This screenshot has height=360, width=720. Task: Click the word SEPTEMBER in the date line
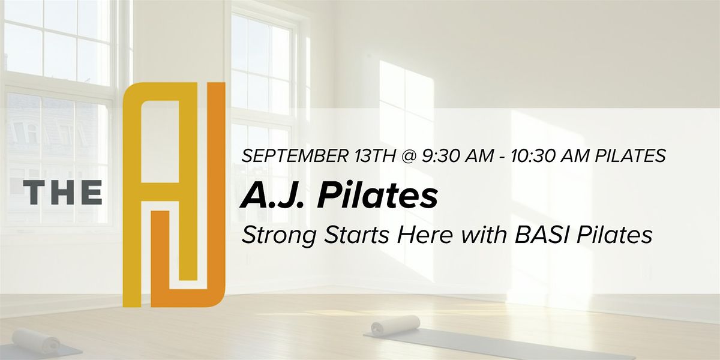tap(294, 156)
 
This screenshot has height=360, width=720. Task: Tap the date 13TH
tap(375, 156)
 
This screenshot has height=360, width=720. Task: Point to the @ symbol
tap(408, 157)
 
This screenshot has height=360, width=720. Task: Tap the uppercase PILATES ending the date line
tap(631, 156)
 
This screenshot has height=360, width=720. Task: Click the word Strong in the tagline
tap(279, 235)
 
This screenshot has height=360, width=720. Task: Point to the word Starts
tap(357, 235)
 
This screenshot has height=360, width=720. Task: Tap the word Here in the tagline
tap(425, 235)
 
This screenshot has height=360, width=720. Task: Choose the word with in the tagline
tap(484, 235)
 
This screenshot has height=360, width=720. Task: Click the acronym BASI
tap(542, 235)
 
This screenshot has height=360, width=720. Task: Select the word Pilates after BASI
tap(614, 235)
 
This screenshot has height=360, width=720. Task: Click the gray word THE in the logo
tap(62, 192)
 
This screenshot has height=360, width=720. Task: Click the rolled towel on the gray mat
tap(395, 325)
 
